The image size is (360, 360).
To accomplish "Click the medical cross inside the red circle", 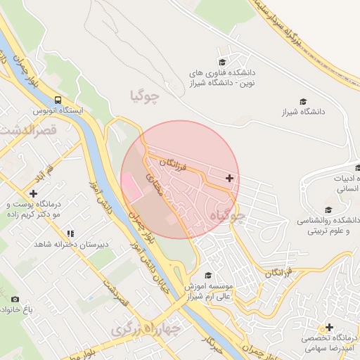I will [229, 178].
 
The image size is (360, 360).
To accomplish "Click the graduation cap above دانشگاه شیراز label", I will [303, 101].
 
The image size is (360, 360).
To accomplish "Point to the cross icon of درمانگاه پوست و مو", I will [33, 193].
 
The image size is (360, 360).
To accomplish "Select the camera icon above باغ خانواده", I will [15, 299].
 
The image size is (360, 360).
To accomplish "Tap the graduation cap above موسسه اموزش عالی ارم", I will [207, 276].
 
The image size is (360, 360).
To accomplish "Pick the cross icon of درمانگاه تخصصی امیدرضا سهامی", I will [329, 327].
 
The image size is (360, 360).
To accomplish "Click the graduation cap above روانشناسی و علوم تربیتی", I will [328, 210].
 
